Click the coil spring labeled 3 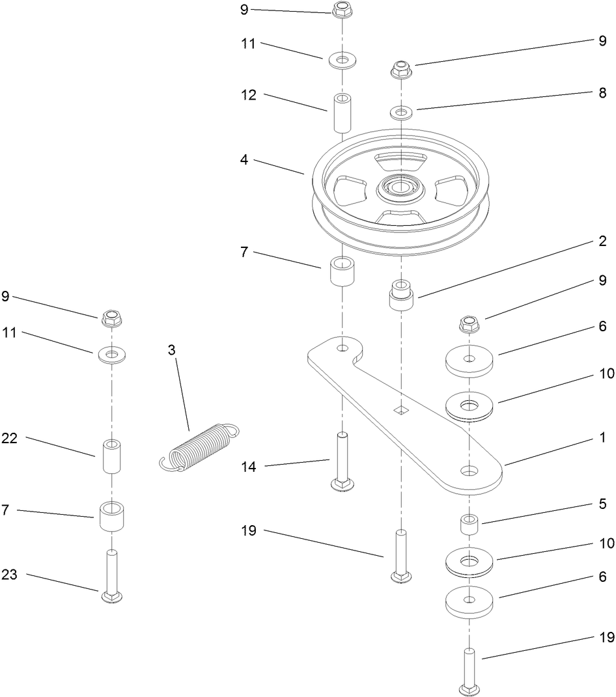[x=199, y=445]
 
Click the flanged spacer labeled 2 [x=402, y=296]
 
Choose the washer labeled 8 [x=402, y=113]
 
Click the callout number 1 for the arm [x=603, y=438]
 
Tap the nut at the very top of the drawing [x=342, y=10]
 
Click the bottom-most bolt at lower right [x=469, y=670]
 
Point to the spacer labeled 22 [x=113, y=458]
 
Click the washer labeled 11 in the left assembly [x=112, y=355]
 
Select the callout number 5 [x=603, y=504]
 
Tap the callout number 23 [x=10, y=575]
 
